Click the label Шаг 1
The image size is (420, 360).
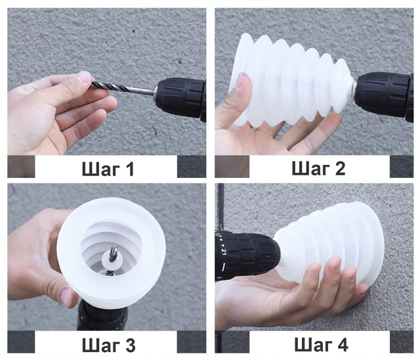[x=108, y=169]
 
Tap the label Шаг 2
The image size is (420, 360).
[x=318, y=168]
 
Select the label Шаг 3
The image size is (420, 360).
[x=108, y=345]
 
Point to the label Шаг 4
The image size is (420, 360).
[x=321, y=344]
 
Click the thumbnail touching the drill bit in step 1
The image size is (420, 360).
[x=85, y=77]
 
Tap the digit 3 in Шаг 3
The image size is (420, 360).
[x=130, y=345]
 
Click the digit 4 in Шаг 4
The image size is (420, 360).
[x=343, y=344]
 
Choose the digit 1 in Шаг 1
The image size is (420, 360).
[x=130, y=169]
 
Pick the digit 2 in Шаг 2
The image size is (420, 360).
[x=340, y=168]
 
